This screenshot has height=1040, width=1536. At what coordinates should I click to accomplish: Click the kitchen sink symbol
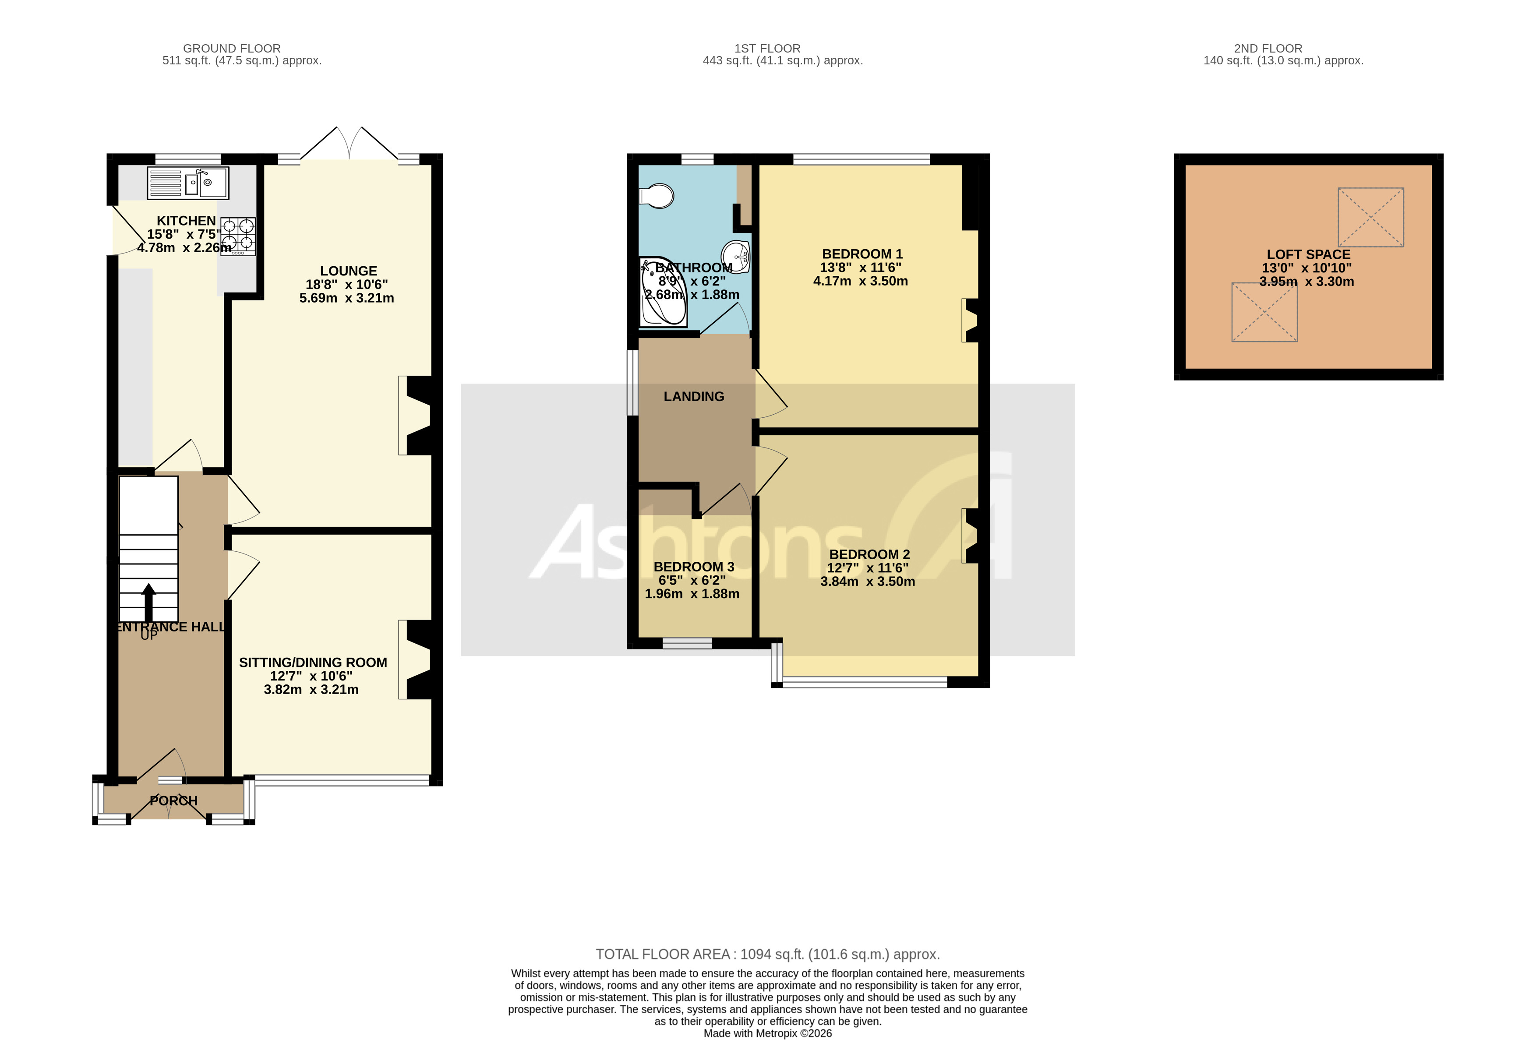[188, 182]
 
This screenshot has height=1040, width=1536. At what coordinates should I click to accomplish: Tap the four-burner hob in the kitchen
[238, 236]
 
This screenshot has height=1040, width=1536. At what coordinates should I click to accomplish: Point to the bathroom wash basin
[736, 256]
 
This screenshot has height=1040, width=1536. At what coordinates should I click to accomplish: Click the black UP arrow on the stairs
[149, 603]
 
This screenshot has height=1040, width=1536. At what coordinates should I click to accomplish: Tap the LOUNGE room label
[348, 271]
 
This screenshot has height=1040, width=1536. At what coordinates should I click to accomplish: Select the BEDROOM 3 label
[693, 567]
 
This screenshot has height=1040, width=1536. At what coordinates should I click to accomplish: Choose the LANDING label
[694, 396]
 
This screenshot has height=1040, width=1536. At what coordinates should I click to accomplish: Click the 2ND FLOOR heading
[1268, 48]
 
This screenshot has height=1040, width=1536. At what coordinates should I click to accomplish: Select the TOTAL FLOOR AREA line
[767, 954]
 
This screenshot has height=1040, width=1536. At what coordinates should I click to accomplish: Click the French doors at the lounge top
[350, 144]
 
